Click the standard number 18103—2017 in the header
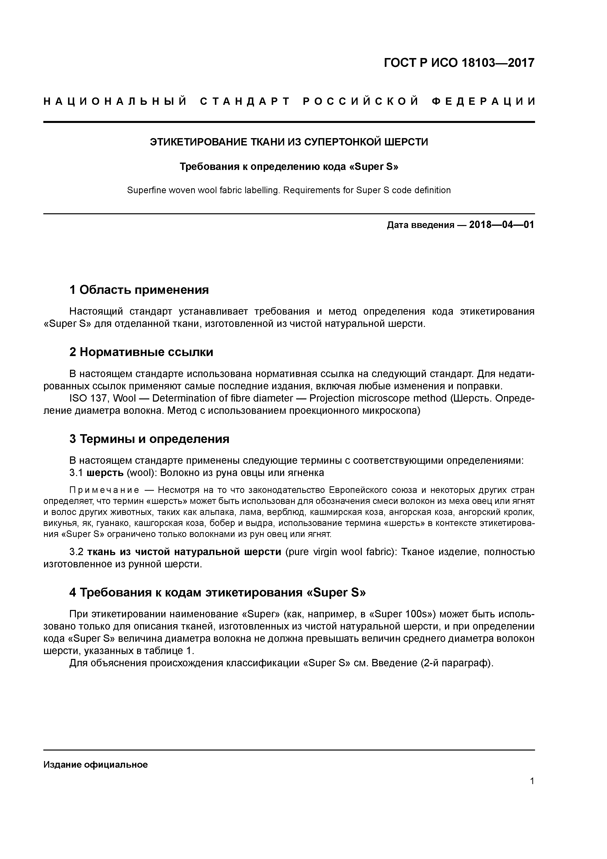tap(497, 63)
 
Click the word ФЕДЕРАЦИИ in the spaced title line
tap(483, 102)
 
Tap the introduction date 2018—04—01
tap(502, 225)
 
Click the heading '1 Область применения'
tap(139, 290)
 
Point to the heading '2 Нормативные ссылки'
tap(141, 352)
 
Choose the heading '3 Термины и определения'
tap(149, 439)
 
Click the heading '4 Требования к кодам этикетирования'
tap(217, 593)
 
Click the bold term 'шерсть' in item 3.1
tap(105, 473)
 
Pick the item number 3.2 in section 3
tap(77, 552)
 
